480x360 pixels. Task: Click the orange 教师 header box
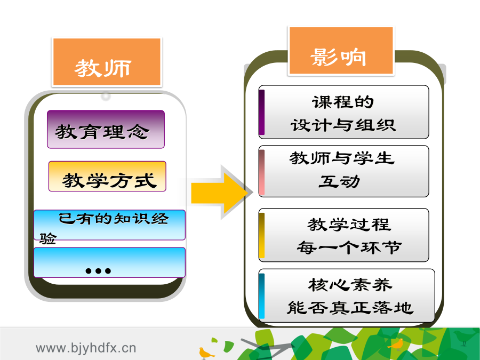107,62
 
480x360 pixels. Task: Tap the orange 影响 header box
341,51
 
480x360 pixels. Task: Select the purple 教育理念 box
106,129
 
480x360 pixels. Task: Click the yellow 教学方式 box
107,177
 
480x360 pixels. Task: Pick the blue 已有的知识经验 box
109,225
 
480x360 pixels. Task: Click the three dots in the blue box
98,270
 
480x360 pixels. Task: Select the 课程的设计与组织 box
343,112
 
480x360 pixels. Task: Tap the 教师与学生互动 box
343,171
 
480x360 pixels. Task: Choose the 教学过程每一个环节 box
343,235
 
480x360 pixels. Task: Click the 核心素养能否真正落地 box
347,295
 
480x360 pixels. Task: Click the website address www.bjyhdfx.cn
86,348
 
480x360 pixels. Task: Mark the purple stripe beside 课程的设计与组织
262,112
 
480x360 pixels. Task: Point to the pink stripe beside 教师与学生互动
262,172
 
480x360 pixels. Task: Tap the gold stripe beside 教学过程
262,235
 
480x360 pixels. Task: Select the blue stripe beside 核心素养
262,295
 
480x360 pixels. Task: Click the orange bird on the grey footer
206,353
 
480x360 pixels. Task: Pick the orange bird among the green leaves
396,344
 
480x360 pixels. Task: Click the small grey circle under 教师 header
106,96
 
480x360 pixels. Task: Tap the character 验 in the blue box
48,238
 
